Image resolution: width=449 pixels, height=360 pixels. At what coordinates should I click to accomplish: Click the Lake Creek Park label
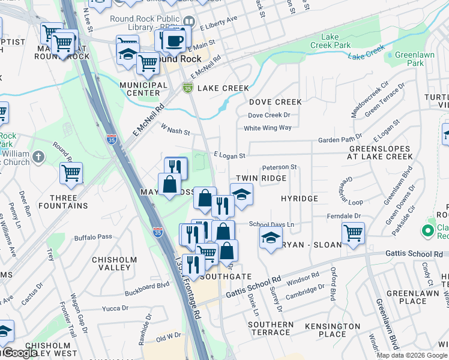(330, 41)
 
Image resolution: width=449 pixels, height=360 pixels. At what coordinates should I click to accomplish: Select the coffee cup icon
(174, 41)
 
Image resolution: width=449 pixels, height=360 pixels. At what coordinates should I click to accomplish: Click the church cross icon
(38, 158)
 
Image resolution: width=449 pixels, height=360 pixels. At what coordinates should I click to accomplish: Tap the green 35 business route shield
(188, 88)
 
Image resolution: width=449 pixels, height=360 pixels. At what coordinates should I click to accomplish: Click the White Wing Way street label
(267, 128)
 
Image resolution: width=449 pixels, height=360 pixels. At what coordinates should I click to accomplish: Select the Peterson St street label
(279, 167)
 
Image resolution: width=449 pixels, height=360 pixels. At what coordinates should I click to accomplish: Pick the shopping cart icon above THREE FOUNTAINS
(71, 173)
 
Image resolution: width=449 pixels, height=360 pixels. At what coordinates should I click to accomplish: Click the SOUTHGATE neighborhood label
(226, 277)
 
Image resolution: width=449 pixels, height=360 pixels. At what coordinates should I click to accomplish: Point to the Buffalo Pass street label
(93, 236)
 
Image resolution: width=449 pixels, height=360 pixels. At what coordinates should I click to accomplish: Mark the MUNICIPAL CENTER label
(143, 89)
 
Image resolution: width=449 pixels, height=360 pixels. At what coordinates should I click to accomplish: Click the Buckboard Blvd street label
(147, 290)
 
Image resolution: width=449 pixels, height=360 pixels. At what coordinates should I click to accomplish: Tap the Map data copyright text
(412, 355)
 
